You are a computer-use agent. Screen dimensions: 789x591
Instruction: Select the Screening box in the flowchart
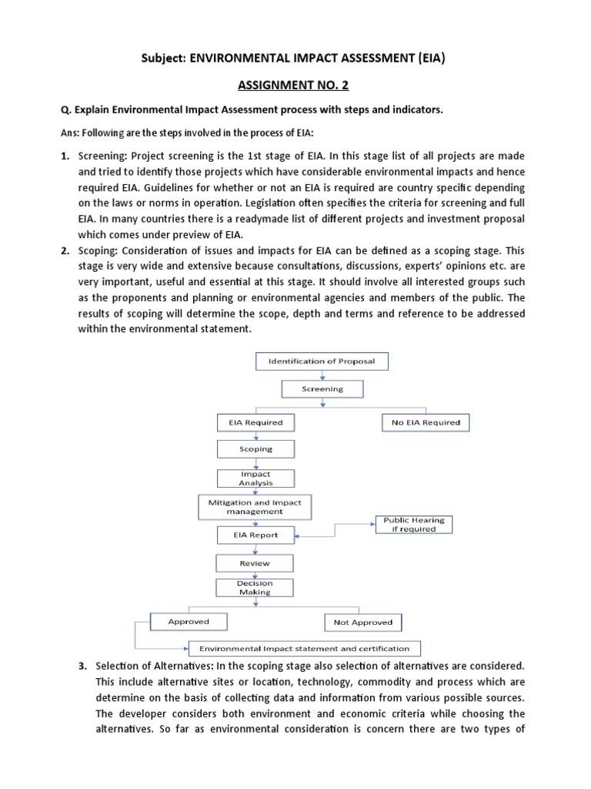click(x=322, y=389)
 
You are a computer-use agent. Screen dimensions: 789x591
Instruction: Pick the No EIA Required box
click(x=425, y=422)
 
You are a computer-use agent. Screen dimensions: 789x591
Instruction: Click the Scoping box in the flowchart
click(x=255, y=448)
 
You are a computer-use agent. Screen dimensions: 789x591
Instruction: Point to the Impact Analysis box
click(x=245, y=478)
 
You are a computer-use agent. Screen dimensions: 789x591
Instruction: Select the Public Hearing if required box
click(x=414, y=525)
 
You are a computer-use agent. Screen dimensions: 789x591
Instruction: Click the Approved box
click(x=189, y=621)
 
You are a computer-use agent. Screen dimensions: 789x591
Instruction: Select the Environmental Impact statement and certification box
click(x=304, y=648)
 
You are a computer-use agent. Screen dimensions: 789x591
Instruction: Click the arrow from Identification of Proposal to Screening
click(x=322, y=375)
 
